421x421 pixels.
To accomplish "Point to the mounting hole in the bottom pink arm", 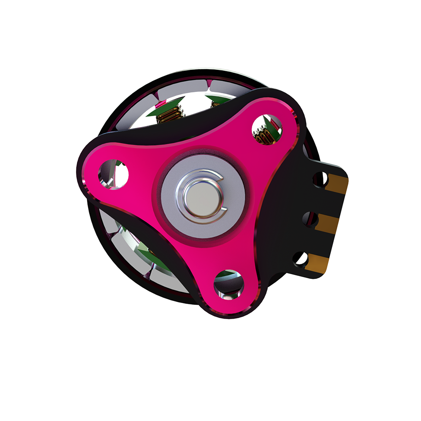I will (x=228, y=284).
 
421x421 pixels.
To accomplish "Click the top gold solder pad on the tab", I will (x=339, y=183).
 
